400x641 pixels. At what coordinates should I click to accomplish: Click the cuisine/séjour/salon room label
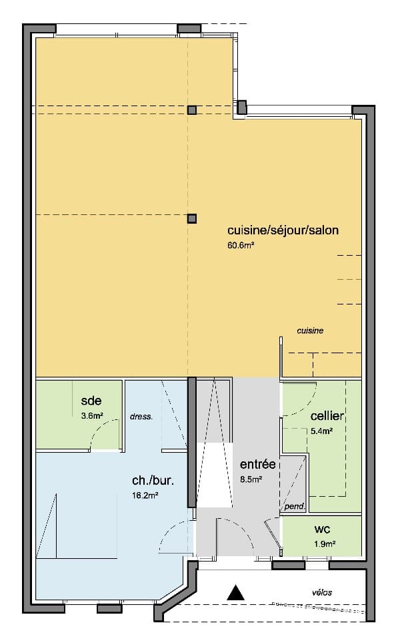(283, 231)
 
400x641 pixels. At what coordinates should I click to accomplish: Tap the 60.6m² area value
(241, 246)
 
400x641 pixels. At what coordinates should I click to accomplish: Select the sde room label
(91, 401)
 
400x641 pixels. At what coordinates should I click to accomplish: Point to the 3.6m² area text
(92, 415)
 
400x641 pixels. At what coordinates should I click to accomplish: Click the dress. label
(141, 416)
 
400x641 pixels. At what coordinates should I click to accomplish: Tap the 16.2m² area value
(145, 495)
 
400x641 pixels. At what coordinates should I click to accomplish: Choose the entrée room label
(258, 464)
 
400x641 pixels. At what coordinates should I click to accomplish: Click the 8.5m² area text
(251, 479)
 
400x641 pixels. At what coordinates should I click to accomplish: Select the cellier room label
(327, 416)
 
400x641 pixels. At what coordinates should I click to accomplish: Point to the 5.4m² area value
(321, 431)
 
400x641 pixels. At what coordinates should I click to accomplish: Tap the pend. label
(294, 507)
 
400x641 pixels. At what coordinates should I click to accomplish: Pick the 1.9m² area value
(324, 544)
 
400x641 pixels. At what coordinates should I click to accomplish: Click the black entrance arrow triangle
(235, 592)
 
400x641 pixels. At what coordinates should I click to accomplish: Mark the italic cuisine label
(311, 331)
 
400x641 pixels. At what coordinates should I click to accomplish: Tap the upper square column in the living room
(192, 110)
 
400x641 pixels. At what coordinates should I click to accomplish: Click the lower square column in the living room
(192, 218)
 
